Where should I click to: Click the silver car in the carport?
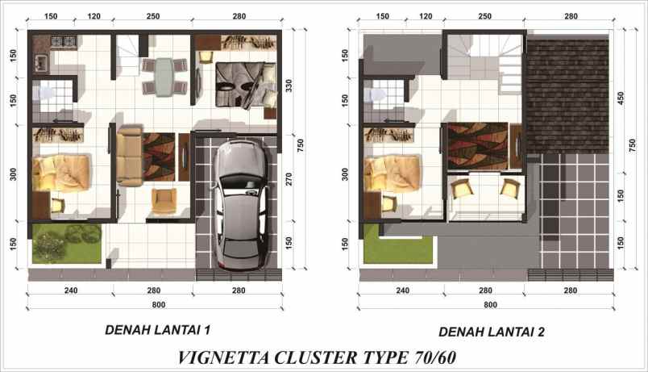pos(241,205)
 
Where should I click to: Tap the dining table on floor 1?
pos(164,77)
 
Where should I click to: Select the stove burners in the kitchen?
pos(63,41)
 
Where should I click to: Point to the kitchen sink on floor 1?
pos(41,63)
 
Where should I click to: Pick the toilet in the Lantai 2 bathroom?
pos(376,94)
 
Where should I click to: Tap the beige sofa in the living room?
pos(129,157)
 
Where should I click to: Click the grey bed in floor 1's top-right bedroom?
pos(246,85)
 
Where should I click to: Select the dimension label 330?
pos(289,86)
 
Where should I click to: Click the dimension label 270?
pos(289,179)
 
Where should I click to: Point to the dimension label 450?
pos(621,98)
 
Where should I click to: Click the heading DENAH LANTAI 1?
pos(158,330)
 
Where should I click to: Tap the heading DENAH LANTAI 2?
pos(492,332)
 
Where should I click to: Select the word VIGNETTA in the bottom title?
pos(223,357)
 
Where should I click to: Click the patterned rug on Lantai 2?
pos(477,146)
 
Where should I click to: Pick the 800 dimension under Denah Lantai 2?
pos(490,305)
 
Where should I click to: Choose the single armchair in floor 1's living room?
pos(164,201)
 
